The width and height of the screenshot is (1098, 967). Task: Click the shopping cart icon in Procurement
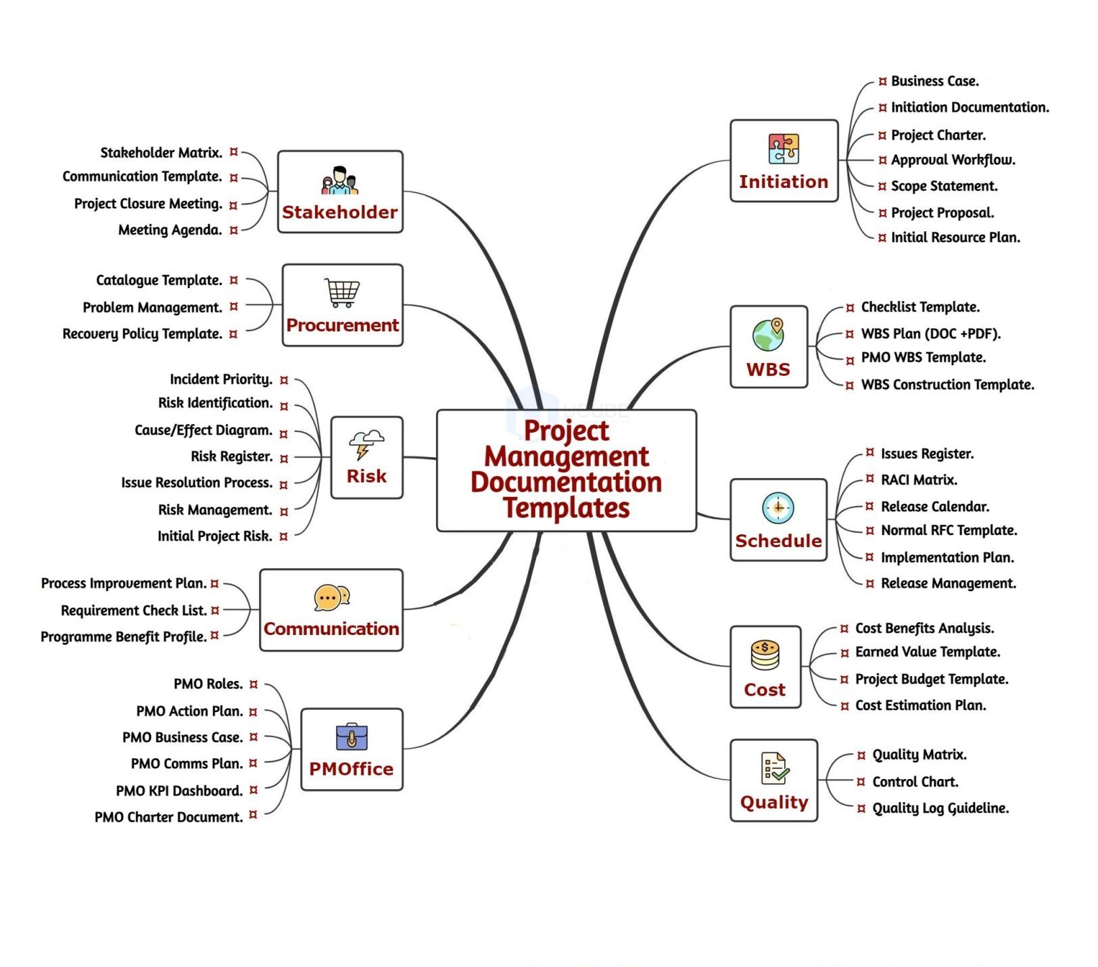click(342, 293)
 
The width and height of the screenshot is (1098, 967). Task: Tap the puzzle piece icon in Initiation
click(784, 149)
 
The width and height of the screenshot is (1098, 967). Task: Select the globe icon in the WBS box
click(768, 335)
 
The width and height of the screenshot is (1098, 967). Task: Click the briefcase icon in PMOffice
click(352, 737)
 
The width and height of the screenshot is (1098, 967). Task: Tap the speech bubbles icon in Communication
click(331, 598)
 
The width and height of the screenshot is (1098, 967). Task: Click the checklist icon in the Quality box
click(774, 769)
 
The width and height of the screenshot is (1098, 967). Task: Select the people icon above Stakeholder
click(339, 181)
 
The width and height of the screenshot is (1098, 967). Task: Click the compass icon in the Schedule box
click(778, 508)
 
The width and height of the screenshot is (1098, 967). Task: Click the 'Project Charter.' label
click(938, 135)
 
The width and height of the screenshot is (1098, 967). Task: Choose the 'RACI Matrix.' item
click(919, 480)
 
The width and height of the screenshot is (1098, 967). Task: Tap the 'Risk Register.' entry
click(231, 456)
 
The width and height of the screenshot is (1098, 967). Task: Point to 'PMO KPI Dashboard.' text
click(179, 791)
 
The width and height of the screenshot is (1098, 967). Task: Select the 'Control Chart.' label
click(915, 782)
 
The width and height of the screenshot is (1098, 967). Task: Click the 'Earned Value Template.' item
click(927, 652)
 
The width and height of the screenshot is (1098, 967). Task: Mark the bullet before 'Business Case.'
click(882, 82)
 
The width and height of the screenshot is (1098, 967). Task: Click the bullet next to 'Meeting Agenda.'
click(234, 231)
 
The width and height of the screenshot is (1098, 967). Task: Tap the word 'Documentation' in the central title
click(566, 482)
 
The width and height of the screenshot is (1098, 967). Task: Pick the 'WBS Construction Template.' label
click(947, 385)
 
